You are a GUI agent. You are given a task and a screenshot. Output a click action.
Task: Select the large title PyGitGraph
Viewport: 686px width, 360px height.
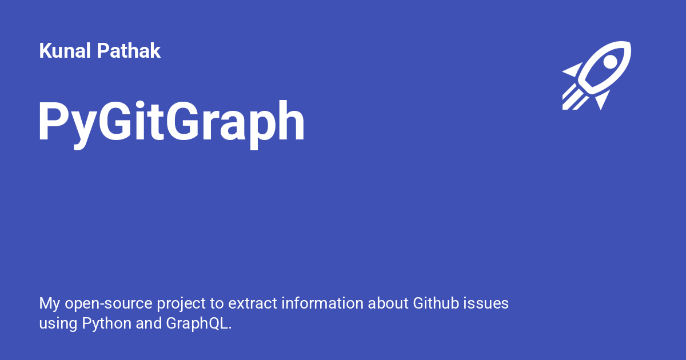(171, 123)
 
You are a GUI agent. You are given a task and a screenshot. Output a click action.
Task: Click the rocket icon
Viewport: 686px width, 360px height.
(597, 74)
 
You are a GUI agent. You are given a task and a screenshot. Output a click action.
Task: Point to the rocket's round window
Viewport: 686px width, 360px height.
(610, 61)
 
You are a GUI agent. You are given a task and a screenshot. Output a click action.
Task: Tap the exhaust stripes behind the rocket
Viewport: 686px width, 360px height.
(573, 98)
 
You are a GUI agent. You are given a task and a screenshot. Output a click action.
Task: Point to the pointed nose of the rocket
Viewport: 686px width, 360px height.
(627, 45)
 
